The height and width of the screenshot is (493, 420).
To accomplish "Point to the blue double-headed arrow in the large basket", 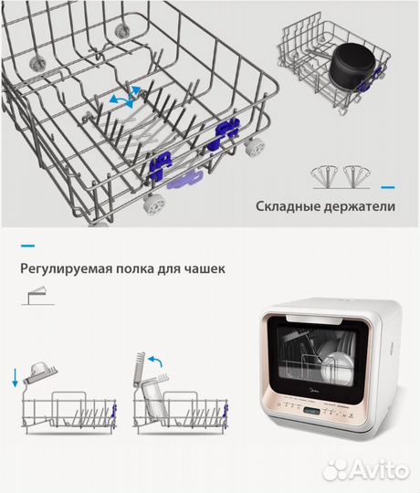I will click(126, 94).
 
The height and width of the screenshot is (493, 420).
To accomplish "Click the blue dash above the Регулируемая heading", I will click(27, 246).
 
